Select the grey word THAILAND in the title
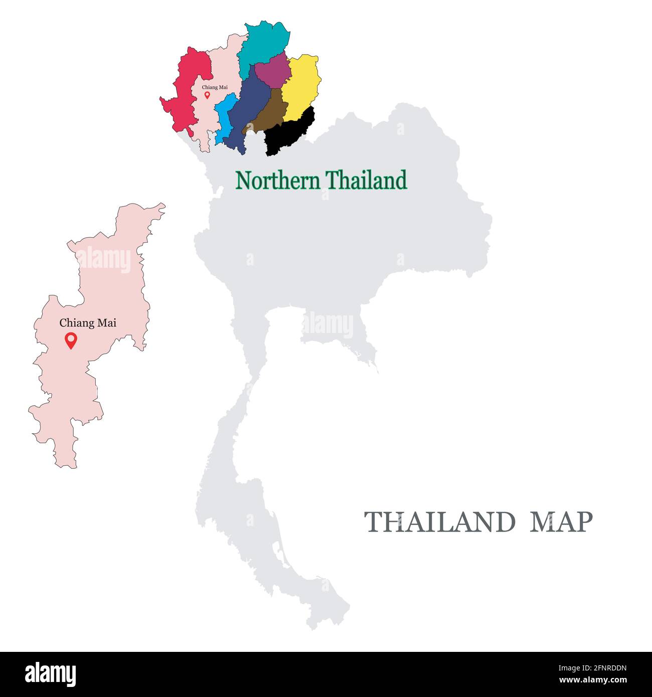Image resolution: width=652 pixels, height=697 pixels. tap(439, 522)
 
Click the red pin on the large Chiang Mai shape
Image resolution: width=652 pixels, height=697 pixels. tap(71, 341)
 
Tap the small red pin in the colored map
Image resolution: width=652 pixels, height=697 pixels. tap(207, 95)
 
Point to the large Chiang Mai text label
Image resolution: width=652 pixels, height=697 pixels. tap(88, 323)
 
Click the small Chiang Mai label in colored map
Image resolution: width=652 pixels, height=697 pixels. tap(215, 87)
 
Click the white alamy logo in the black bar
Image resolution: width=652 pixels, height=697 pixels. tap(51, 674)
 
